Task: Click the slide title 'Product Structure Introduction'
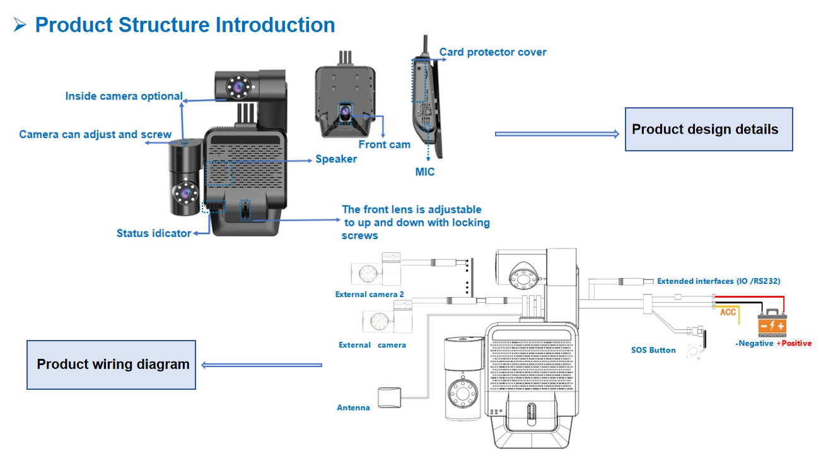click(185, 25)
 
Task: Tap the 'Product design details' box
click(708, 129)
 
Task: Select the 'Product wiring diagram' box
click(111, 365)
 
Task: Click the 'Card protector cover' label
click(492, 52)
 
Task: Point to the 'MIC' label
click(425, 172)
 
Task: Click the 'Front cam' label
click(384, 144)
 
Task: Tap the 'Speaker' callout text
click(336, 159)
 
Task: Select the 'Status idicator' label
click(154, 233)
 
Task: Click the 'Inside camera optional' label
click(124, 97)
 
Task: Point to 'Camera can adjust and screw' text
click(95, 134)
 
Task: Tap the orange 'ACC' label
click(728, 312)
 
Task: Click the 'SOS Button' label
click(653, 350)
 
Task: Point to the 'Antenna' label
click(353, 407)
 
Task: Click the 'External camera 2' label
click(370, 295)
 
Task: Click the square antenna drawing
click(389, 397)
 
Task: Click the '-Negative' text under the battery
click(754, 343)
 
